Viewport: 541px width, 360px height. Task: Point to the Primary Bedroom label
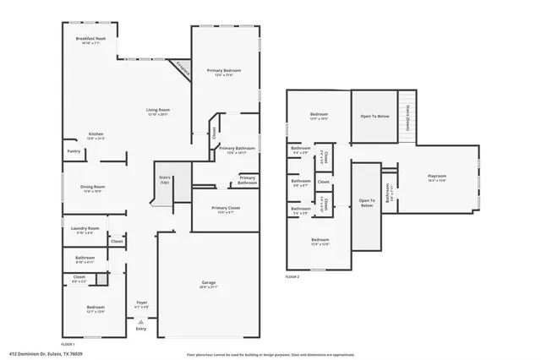[x=225, y=70]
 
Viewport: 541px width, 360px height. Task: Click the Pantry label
[x=74, y=152]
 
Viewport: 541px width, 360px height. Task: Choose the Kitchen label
[x=96, y=134]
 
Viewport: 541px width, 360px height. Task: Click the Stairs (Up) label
[x=164, y=179]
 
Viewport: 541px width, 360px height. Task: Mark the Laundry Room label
[x=85, y=228]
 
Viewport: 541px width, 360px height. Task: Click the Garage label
[x=208, y=282]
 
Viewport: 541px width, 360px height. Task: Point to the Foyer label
[x=142, y=302]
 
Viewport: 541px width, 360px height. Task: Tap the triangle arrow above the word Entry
[x=141, y=322]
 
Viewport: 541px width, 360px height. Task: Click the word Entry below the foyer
[x=141, y=330]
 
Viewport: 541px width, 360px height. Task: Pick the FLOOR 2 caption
[x=292, y=275]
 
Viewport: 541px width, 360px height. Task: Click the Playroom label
[x=437, y=176]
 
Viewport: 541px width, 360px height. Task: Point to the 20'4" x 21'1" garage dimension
[x=208, y=287]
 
